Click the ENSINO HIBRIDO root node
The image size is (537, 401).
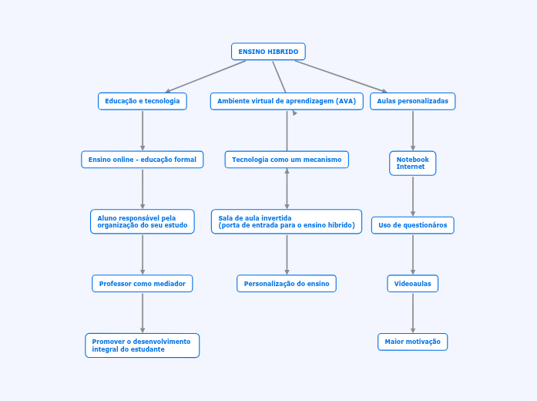pyautogui.click(x=268, y=52)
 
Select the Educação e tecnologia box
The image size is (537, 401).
pyautogui.click(x=143, y=101)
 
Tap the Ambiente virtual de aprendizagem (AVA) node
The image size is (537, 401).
pyautogui.click(x=287, y=101)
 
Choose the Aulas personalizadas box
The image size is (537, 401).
pyautogui.click(x=412, y=101)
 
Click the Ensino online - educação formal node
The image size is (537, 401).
pyautogui.click(x=143, y=160)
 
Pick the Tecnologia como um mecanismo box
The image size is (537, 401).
pyautogui.click(x=287, y=160)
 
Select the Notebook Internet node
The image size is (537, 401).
pyautogui.click(x=412, y=163)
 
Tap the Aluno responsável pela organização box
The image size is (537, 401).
pyautogui.click(x=143, y=221)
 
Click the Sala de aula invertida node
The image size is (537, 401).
pyautogui.click(x=287, y=221)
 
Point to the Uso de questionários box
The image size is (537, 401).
pyautogui.click(x=412, y=225)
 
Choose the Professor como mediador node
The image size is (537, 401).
pyautogui.click(x=143, y=284)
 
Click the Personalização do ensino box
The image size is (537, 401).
pyautogui.click(x=287, y=284)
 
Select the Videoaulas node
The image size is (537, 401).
pyautogui.click(x=412, y=284)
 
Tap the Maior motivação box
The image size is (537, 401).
pyautogui.click(x=412, y=342)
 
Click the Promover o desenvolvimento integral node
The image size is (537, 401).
pyautogui.click(x=143, y=345)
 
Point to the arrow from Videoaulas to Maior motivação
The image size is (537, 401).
pyautogui.click(x=413, y=312)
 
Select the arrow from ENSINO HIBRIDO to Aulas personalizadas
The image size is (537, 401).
pyautogui.click(x=341, y=76)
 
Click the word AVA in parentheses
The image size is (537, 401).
pyautogui.click(x=347, y=101)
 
